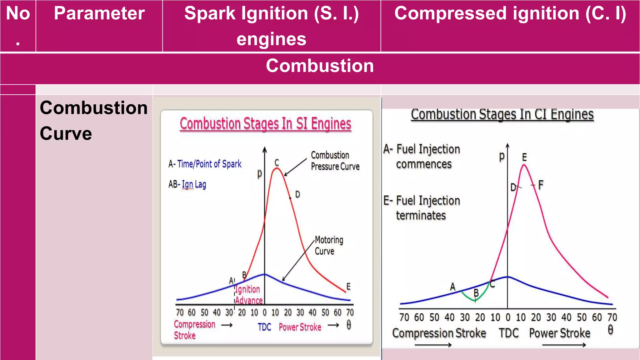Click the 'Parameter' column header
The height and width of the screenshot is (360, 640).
pyautogui.click(x=99, y=14)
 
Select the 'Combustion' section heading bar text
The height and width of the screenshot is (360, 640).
pyautogui.click(x=320, y=66)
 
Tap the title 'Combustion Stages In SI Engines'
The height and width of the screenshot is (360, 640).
pyautogui.click(x=265, y=123)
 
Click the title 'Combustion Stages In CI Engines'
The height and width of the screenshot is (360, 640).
pyautogui.click(x=502, y=114)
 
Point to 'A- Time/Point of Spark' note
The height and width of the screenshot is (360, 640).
pyautogui.click(x=205, y=164)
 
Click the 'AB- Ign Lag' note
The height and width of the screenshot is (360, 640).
pyautogui.click(x=187, y=184)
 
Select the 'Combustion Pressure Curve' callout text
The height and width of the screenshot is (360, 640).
pyautogui.click(x=335, y=161)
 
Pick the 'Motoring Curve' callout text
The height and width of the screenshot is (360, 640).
pyautogui.click(x=328, y=245)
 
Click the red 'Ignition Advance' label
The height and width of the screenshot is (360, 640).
pyautogui.click(x=248, y=295)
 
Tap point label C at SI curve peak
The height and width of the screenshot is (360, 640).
pyautogui.click(x=277, y=162)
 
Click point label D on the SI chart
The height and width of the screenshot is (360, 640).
pyautogui.click(x=297, y=195)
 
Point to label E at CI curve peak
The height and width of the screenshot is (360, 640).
pyautogui.click(x=524, y=157)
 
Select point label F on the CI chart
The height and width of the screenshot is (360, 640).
pyautogui.click(x=541, y=185)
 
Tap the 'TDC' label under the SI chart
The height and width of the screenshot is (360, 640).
pyautogui.click(x=264, y=327)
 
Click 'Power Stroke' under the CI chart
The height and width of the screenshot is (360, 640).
pyautogui.click(x=559, y=333)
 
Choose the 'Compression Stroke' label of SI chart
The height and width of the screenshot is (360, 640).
pyautogui.click(x=194, y=330)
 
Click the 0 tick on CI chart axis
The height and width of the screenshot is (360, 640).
pyautogui.click(x=508, y=317)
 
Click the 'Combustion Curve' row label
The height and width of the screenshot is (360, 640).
pyautogui.click(x=93, y=121)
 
